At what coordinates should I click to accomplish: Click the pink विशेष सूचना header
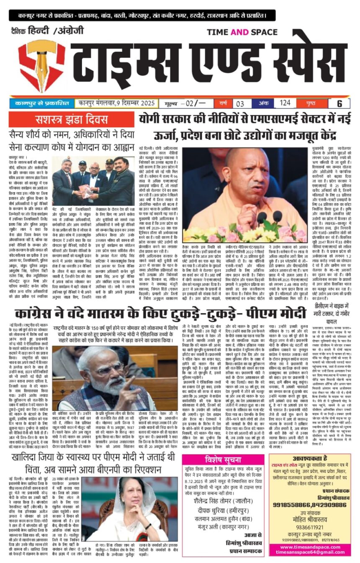pos(223,460)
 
